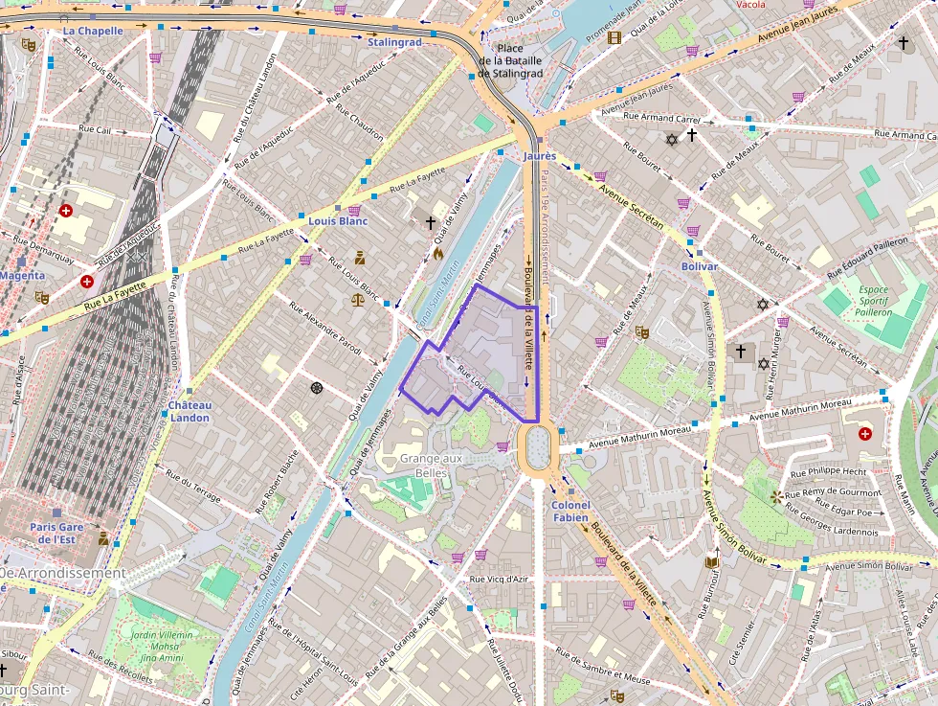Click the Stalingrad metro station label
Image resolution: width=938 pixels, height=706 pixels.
click(x=394, y=42)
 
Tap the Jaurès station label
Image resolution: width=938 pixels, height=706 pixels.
click(x=540, y=155)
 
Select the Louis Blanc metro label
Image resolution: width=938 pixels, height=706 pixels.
click(x=338, y=221)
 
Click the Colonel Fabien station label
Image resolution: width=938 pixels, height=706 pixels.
click(x=571, y=511)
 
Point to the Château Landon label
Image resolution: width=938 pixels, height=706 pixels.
click(x=189, y=411)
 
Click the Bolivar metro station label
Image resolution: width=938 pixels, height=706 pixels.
click(x=699, y=265)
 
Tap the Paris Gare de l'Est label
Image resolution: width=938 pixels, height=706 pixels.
click(x=57, y=533)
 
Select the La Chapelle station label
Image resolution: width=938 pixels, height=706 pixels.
click(x=93, y=31)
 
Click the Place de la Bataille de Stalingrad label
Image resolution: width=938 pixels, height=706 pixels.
click(x=510, y=60)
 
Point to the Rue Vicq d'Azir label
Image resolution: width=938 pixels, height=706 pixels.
click(x=499, y=579)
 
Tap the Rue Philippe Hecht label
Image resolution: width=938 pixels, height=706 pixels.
click(x=829, y=471)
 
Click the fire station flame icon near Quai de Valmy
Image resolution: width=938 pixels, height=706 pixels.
click(x=438, y=254)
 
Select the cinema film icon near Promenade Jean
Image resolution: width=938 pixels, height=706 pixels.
click(x=614, y=37)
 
